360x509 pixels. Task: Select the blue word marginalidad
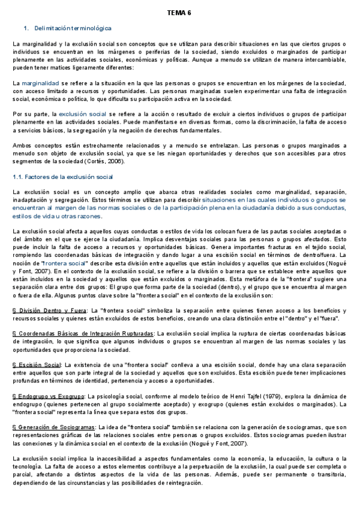tap(40, 82)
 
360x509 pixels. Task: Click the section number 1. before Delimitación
tap(26, 28)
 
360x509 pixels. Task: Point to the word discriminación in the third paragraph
tap(274, 121)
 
